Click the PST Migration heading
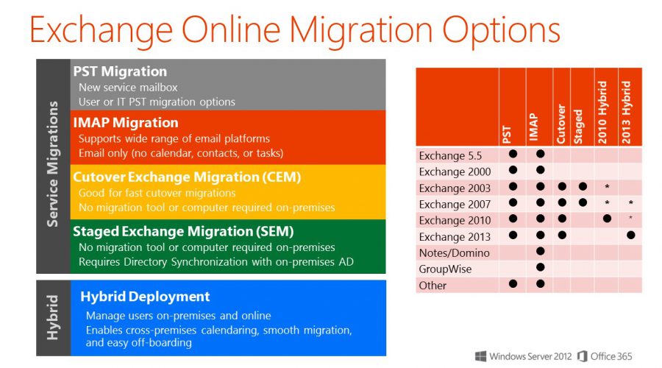click(x=120, y=72)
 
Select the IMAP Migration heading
click(x=125, y=122)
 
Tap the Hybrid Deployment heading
click(x=145, y=297)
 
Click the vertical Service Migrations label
click(x=52, y=164)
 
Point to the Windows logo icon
click(x=480, y=356)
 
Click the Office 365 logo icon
click(x=583, y=356)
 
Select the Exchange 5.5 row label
click(x=450, y=155)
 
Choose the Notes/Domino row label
click(x=455, y=252)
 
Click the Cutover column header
click(x=561, y=124)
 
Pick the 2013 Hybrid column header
click(x=626, y=113)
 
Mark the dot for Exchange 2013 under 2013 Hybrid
click(x=631, y=236)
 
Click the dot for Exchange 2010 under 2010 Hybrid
click(x=607, y=219)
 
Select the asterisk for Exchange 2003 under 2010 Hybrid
click(x=607, y=187)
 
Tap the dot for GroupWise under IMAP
click(x=540, y=267)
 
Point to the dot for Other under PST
click(x=513, y=284)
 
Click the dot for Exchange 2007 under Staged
click(x=583, y=203)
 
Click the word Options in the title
click(x=501, y=30)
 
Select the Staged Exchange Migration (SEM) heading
click(x=183, y=232)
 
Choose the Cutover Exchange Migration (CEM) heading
click(x=187, y=177)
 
